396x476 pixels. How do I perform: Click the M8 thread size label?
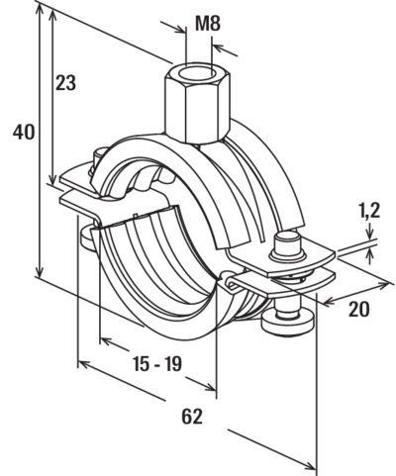[x=208, y=24]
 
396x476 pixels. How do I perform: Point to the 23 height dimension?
[x=65, y=83]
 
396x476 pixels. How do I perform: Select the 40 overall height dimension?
[x=24, y=133]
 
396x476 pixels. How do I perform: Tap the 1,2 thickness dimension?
[x=368, y=210]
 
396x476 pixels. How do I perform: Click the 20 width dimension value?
[x=359, y=309]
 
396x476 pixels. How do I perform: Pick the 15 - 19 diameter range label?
[x=157, y=364]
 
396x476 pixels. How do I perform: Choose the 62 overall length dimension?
[x=192, y=417]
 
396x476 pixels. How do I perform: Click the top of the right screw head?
[x=287, y=238]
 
